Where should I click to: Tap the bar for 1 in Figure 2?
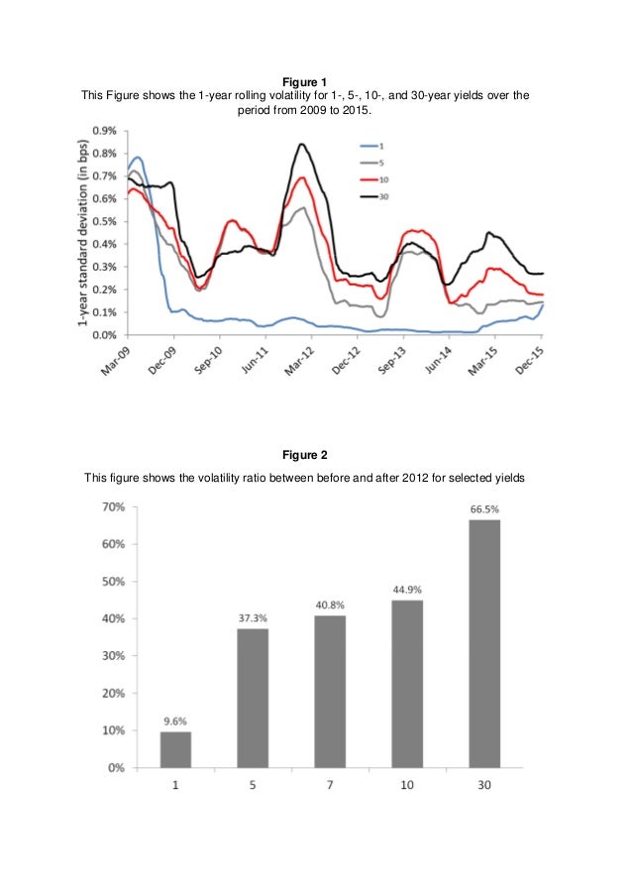click(x=175, y=748)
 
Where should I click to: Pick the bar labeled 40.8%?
click(x=330, y=691)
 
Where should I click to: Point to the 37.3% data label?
click(x=253, y=617)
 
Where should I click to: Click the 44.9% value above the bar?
click(x=407, y=589)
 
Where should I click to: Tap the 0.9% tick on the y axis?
click(x=103, y=131)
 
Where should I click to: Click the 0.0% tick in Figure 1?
click(x=103, y=335)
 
